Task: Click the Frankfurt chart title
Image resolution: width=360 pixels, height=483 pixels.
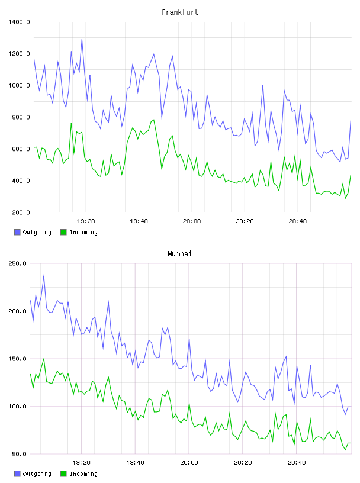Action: pos(180,12)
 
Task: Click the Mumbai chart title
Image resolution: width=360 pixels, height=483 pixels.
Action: pos(179,254)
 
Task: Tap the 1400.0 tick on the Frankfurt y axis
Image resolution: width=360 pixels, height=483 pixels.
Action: pos(19,22)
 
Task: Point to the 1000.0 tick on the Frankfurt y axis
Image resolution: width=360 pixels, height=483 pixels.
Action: pos(19,85)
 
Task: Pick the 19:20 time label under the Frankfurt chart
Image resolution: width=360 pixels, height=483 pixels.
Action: pos(86,221)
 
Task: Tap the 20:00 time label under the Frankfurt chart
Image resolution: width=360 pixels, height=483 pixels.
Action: pos(192,221)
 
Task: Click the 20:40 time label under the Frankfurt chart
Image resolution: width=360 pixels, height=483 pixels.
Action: pos(298,221)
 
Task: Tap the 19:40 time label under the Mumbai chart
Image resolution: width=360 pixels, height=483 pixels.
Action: pos(136,463)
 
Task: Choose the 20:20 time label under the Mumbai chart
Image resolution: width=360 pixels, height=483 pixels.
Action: pos(243,463)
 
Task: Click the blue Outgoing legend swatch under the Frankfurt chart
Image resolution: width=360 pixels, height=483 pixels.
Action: pos(17,232)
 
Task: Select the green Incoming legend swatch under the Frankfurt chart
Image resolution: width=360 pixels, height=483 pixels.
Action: pos(63,232)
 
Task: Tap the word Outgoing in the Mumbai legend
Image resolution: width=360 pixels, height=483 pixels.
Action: pos(37,474)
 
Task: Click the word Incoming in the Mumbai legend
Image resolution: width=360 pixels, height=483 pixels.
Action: pos(83,474)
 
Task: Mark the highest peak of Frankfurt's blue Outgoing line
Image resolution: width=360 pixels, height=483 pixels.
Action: pos(82,39)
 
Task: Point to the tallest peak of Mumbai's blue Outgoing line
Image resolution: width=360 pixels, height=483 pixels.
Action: pos(44,275)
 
